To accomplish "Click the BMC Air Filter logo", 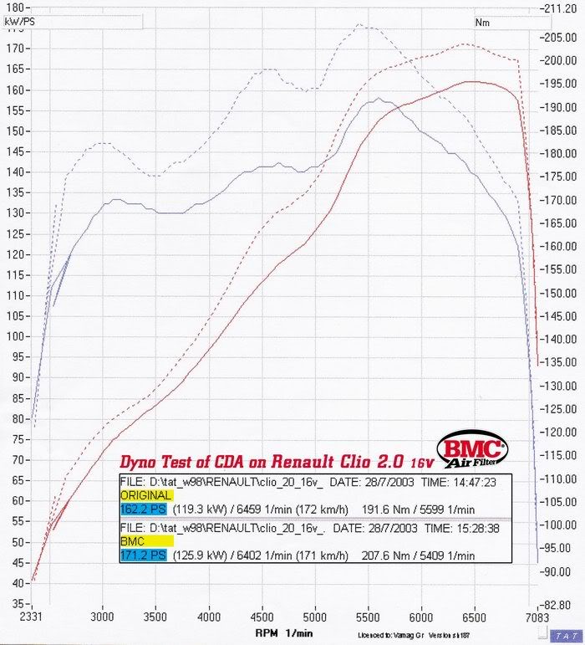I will tap(471, 452).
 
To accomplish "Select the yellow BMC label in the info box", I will tap(133, 541).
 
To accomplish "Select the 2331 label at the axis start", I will tap(31, 617).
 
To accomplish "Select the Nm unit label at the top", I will tap(482, 23).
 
